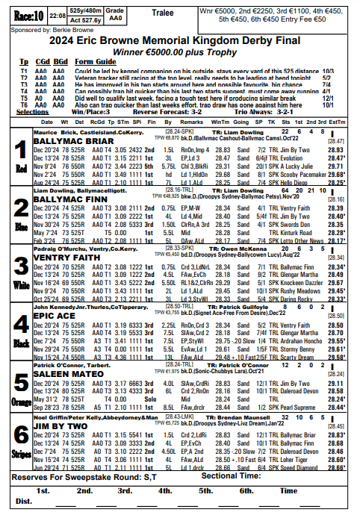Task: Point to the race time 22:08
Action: [57, 13]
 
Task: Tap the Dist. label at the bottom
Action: [25, 502]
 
